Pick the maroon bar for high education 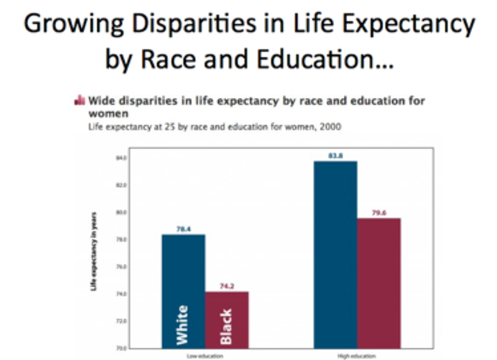379,279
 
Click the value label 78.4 183,229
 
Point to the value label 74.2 227,286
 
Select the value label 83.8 335,156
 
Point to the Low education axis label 205,355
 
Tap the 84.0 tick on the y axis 121,157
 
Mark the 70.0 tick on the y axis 121,348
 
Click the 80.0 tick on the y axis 121,212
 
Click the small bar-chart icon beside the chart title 78,100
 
